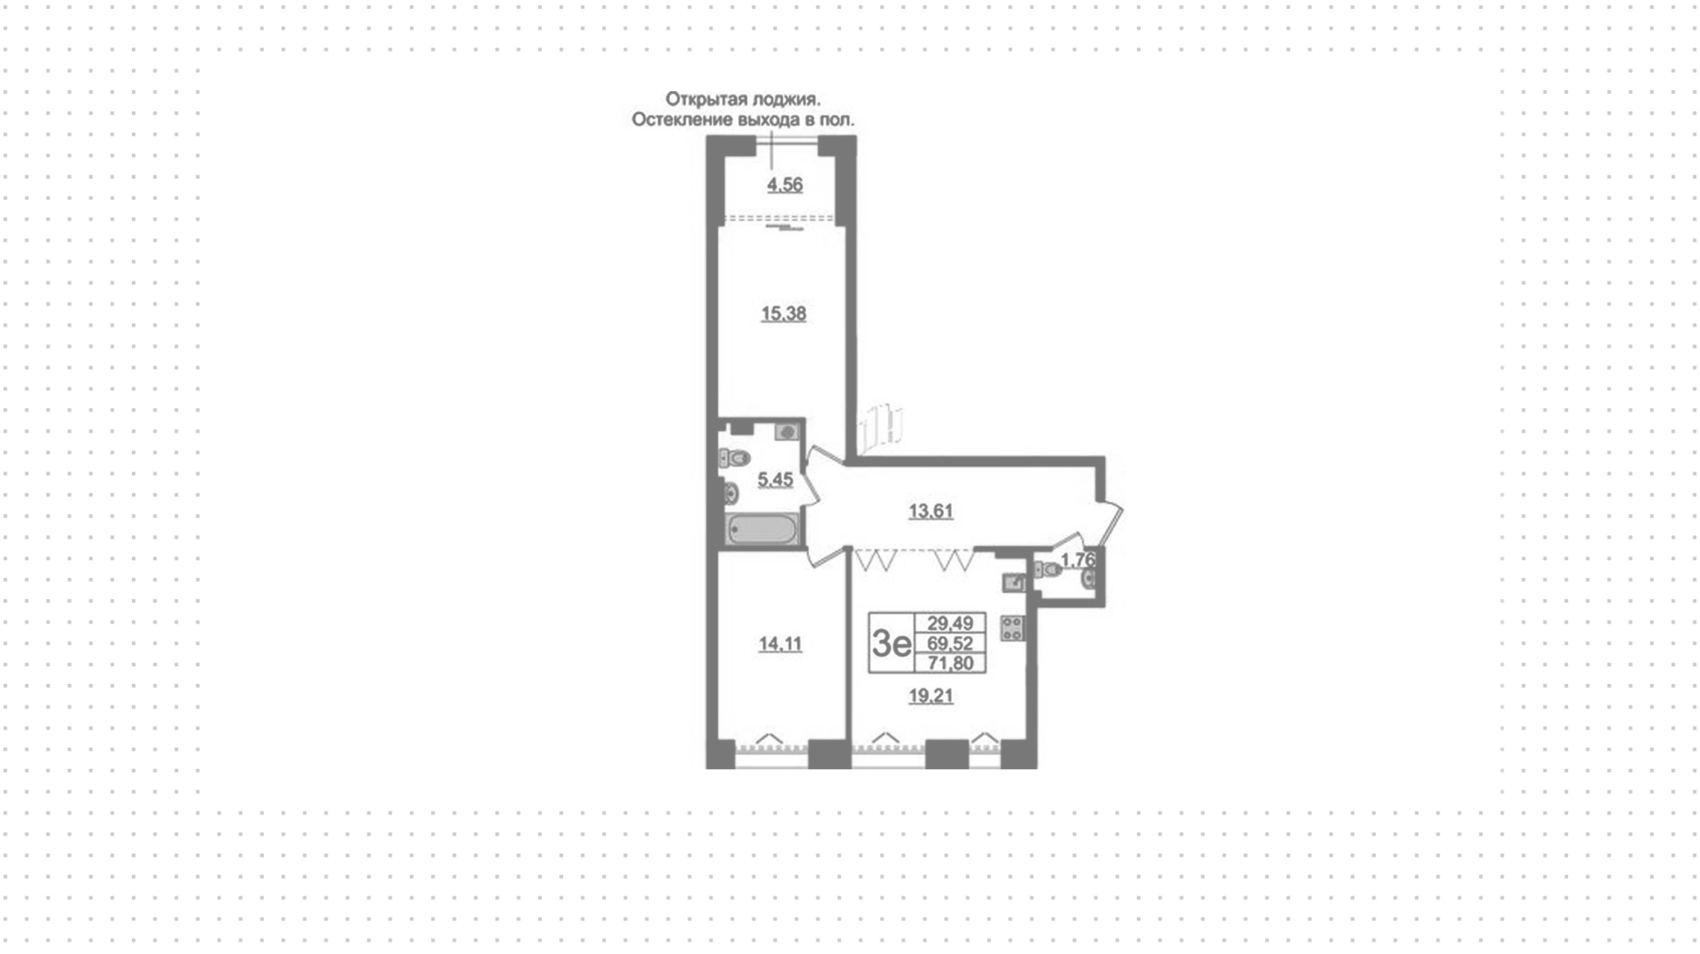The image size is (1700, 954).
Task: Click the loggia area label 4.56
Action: coord(784,185)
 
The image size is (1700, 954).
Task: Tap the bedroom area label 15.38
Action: coord(784,313)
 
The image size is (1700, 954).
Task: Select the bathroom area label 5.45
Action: coord(775,480)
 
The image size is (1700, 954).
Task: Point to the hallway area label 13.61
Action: coord(931,511)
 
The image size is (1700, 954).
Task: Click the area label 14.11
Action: coord(780,644)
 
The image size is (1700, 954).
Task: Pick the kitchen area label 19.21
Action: coord(931,696)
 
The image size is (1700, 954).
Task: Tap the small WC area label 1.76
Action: coord(1078,560)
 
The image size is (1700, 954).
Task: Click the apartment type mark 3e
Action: coord(891,643)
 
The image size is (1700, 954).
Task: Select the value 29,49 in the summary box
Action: coord(950,623)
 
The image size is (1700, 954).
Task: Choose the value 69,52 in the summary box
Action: coord(950,643)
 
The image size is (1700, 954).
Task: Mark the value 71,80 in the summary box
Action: coord(950,663)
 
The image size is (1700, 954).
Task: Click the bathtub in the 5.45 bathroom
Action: coord(762,530)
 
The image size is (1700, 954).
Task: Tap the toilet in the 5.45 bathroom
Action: coord(735,458)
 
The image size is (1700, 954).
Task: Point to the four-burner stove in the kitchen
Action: coord(1012,628)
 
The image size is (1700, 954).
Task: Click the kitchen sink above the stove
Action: coord(1014,582)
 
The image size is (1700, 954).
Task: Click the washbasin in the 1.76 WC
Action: coord(1090,580)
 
